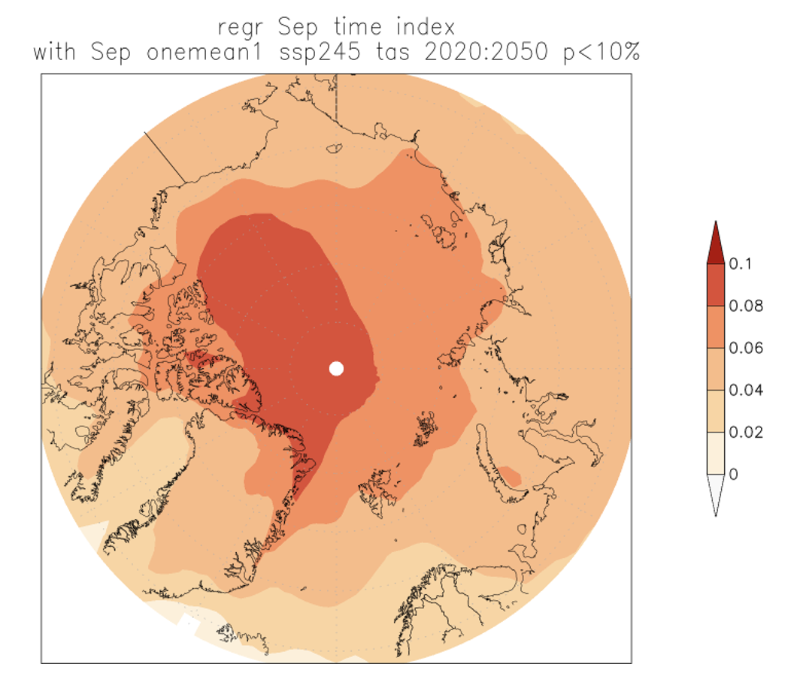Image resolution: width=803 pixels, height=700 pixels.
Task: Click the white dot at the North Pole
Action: (336, 368)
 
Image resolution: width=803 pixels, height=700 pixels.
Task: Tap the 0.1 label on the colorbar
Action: (740, 264)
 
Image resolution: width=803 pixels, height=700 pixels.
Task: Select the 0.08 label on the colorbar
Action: (747, 306)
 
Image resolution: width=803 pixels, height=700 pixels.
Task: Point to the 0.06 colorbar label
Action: (747, 348)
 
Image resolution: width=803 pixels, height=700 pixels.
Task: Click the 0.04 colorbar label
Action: (747, 390)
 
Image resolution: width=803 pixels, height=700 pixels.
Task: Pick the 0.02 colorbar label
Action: (747, 432)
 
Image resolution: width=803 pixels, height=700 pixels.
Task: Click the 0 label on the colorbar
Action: (734, 474)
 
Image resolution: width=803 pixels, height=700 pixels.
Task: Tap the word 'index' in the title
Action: (428, 28)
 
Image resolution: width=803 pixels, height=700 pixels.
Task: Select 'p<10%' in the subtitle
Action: (601, 53)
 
